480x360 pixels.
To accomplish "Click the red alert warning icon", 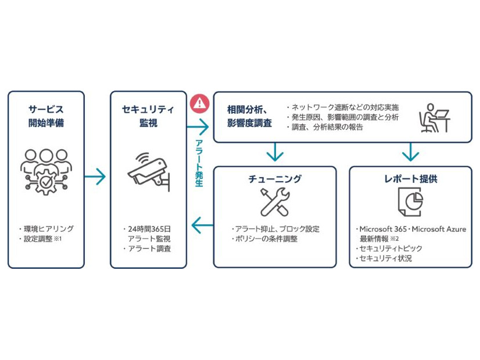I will pyautogui.click(x=199, y=103).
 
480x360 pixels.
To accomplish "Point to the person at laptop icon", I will pyautogui.click(x=434, y=117).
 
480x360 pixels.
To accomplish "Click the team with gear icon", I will pyautogui.click(x=46, y=170).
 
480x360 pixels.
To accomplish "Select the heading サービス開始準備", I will pyautogui.click(x=46, y=116).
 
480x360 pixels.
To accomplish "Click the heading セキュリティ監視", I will pyautogui.click(x=148, y=116).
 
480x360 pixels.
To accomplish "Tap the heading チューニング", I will pyautogui.click(x=274, y=179).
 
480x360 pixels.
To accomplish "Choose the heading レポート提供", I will pyautogui.click(x=410, y=179).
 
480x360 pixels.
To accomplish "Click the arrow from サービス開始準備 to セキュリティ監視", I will pyautogui.click(x=96, y=176).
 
